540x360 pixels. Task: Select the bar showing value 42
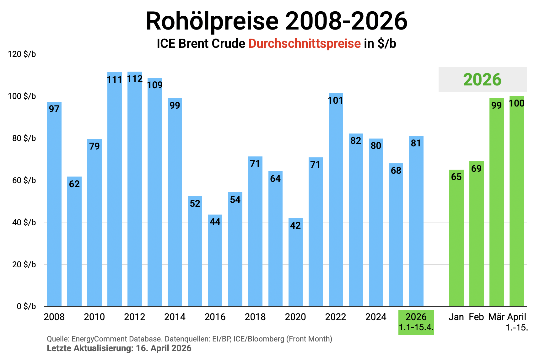click(295, 264)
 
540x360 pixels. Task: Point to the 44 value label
click(215, 222)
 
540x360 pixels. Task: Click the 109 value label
click(155, 85)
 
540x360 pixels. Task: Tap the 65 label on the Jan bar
click(456, 177)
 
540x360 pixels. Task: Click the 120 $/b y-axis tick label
click(22, 54)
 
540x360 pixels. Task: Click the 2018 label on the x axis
click(255, 317)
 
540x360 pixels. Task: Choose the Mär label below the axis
click(496, 317)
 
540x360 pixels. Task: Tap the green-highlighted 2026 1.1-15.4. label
click(416, 322)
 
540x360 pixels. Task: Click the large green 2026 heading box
click(482, 79)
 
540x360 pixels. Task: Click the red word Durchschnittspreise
click(305, 44)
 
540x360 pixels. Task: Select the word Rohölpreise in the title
click(212, 21)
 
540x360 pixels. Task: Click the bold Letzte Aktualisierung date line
click(119, 348)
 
